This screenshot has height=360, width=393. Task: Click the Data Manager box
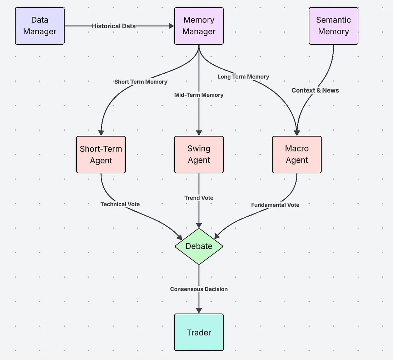(x=40, y=26)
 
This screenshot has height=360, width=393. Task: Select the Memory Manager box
(x=199, y=26)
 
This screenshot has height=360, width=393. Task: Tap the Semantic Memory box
(x=333, y=26)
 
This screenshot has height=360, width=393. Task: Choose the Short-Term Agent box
(x=101, y=154)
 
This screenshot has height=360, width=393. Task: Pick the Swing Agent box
(x=199, y=154)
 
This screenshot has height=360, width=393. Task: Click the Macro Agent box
(x=297, y=154)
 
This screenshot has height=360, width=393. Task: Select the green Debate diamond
(x=199, y=246)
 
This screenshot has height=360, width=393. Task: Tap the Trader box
(x=199, y=332)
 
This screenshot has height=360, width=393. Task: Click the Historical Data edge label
(x=114, y=26)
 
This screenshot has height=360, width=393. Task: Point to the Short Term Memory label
(x=141, y=82)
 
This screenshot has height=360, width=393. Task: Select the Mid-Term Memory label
(x=199, y=95)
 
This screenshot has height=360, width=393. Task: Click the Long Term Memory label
(x=243, y=77)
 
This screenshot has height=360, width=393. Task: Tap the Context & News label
(x=315, y=90)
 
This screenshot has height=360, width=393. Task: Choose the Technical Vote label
(x=120, y=204)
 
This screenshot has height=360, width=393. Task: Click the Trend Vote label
(x=199, y=198)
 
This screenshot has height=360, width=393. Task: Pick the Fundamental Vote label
(x=275, y=205)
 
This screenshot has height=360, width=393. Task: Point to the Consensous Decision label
(x=199, y=289)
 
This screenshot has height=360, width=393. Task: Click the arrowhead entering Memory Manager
(x=171, y=26)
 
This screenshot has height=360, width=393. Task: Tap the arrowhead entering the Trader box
(x=199, y=311)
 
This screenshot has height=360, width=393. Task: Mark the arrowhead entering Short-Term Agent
(x=101, y=133)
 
